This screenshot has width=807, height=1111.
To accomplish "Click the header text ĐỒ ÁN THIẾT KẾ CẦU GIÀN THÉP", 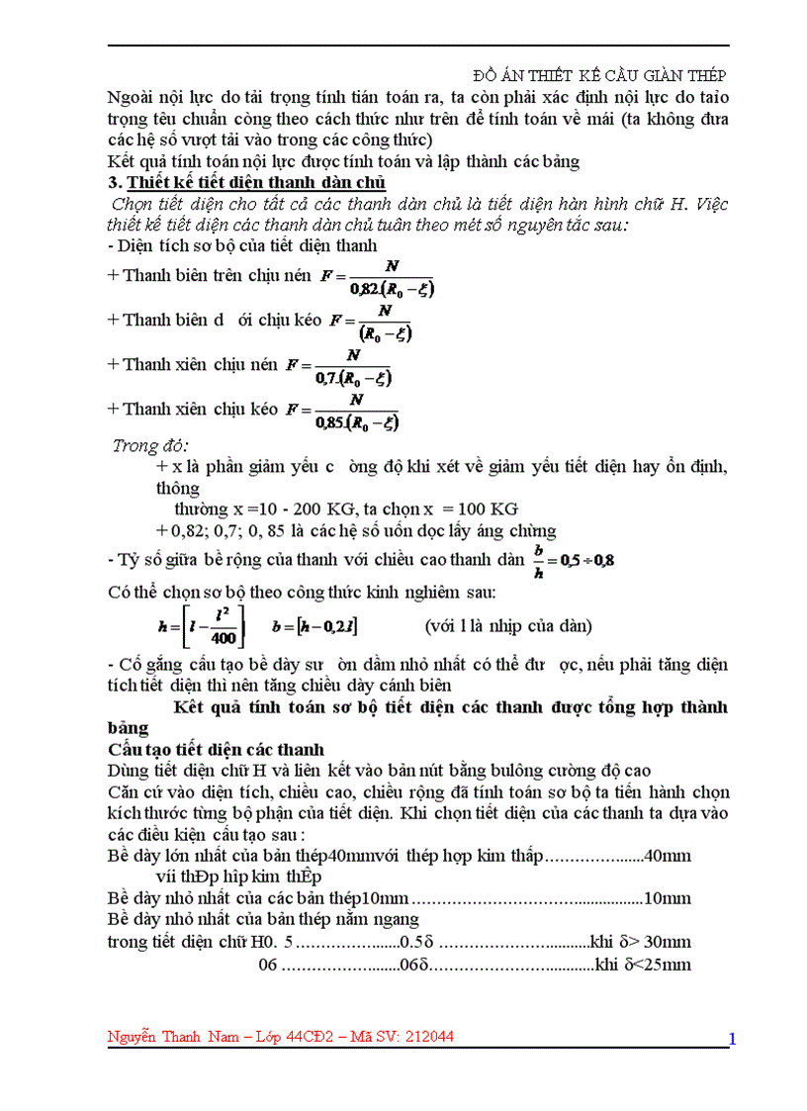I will tap(600, 76).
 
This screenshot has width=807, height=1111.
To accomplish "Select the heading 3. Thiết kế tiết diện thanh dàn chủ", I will tap(246, 182).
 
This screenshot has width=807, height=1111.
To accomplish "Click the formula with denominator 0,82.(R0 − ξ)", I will tap(378, 278).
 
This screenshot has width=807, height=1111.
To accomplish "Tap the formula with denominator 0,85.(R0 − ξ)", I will tap(343, 411).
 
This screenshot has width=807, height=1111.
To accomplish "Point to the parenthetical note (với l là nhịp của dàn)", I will tap(508, 626).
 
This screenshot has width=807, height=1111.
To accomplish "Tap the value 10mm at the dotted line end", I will tap(667, 898).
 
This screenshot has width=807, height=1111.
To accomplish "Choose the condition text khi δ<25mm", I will tap(642, 964).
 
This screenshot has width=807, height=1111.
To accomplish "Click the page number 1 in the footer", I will tap(732, 1038).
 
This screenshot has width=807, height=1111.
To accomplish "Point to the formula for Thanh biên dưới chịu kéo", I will tap(371, 322).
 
